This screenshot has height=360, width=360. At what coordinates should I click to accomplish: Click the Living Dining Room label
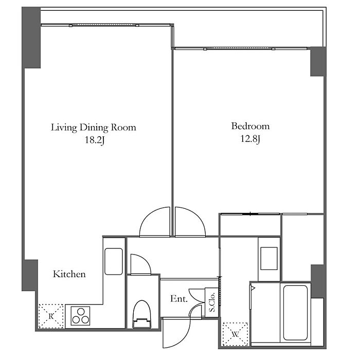94,128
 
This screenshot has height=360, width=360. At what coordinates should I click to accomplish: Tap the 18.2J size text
95,140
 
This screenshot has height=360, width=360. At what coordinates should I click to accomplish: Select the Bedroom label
250,126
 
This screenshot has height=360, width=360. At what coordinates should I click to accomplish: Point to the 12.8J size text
250,139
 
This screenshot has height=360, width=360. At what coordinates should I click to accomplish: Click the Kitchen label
69,274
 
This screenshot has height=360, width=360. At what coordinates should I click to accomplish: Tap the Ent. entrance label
179,298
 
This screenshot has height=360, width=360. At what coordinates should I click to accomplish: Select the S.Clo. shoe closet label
212,302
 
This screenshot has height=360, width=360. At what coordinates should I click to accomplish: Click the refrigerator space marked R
51,316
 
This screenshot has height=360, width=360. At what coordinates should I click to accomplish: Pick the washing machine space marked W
236,334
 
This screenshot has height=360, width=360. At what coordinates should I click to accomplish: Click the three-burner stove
80,316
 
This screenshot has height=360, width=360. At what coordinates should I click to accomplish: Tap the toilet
142,314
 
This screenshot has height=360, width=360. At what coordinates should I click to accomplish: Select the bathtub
295,313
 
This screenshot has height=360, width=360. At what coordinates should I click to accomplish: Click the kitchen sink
114,261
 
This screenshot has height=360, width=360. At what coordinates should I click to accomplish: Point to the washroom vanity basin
269,259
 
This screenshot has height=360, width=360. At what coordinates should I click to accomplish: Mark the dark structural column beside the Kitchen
30,275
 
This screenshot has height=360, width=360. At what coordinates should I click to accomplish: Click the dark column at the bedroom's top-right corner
318,62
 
